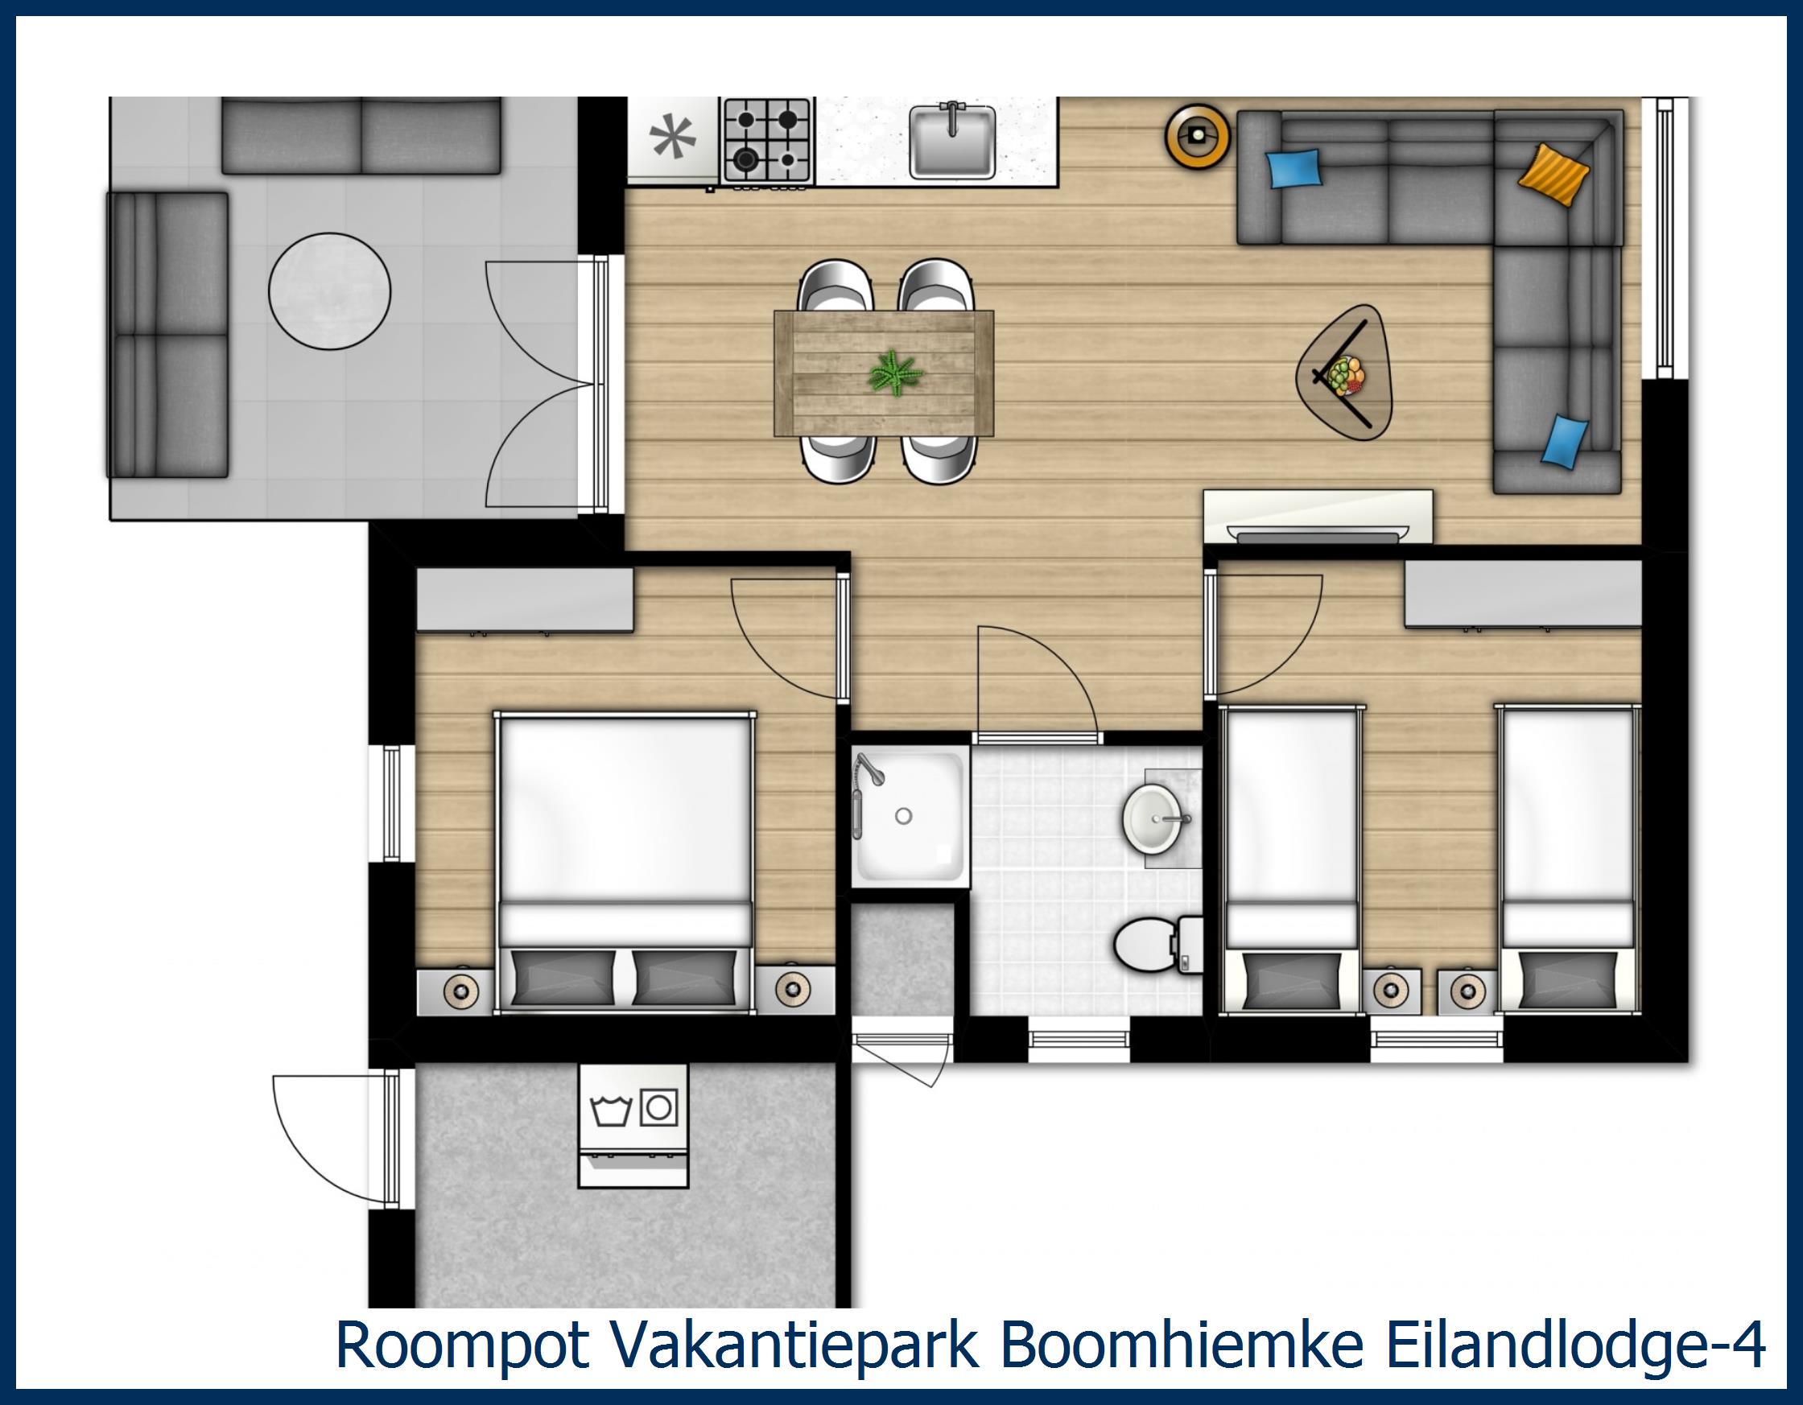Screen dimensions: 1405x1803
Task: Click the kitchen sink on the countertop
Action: (951, 140)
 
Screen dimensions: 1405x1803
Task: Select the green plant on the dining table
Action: (894, 373)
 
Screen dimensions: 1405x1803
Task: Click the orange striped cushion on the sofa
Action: (1553, 174)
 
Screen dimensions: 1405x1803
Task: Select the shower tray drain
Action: (903, 817)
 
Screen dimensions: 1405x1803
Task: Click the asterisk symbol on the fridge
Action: (673, 138)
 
